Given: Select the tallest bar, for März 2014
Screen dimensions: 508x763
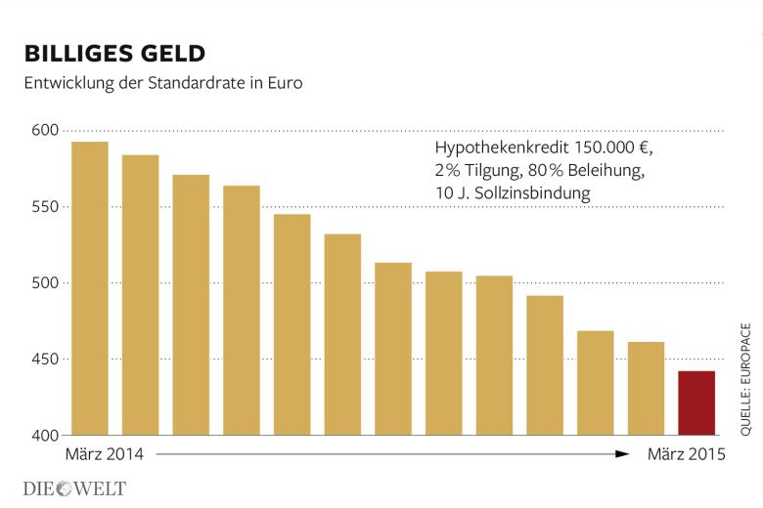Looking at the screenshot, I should coord(90,288).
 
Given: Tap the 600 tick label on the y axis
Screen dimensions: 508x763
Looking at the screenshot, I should coord(47,131).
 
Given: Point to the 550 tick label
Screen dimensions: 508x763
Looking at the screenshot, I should coord(47,207).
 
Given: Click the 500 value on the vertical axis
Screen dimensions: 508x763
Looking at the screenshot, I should coord(47,283).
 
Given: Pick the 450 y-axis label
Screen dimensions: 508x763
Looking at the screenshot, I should coord(47,360).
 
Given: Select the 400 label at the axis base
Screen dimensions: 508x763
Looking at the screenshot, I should coord(47,435).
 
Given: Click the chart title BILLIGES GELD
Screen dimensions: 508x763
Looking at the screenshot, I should coord(115,52).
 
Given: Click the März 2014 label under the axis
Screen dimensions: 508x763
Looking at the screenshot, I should coord(105,454).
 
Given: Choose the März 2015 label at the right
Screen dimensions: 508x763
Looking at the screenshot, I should coord(687,454).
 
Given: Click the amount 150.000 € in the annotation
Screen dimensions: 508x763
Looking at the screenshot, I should coord(609,148).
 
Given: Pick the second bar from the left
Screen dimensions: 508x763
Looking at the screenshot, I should coord(140,294).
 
